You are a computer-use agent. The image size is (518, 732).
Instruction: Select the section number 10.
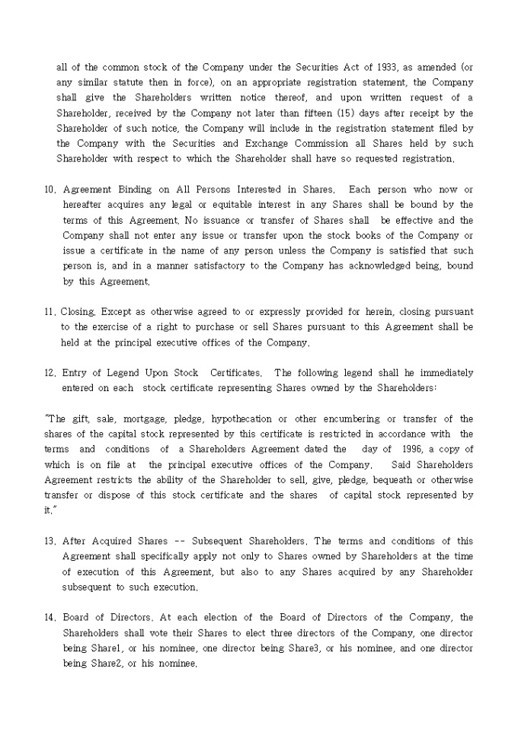pos(50,189)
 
